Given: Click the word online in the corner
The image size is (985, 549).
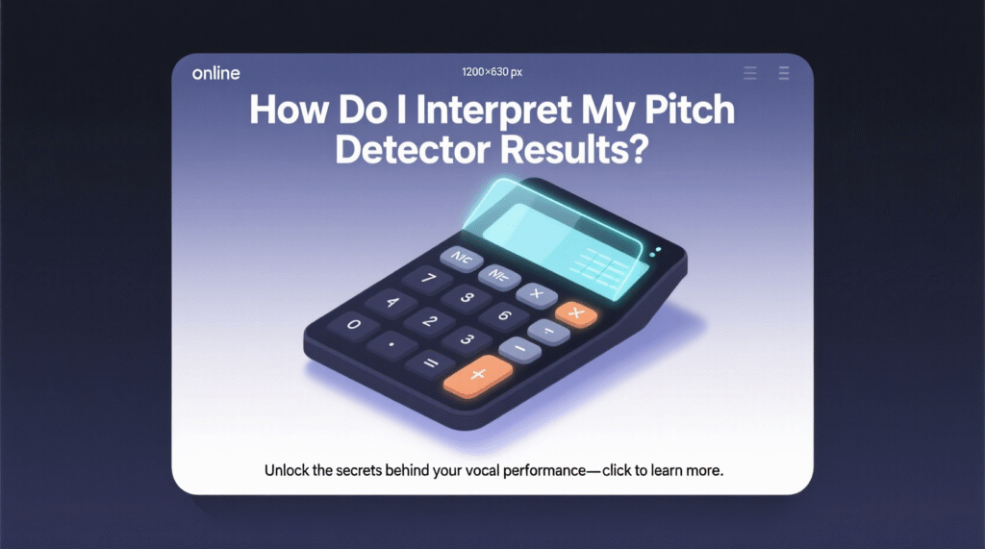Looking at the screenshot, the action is pyautogui.click(x=216, y=73).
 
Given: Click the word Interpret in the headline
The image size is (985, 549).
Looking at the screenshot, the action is pyautogui.click(x=493, y=111).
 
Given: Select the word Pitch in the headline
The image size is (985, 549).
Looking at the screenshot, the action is pyautogui.click(x=690, y=110).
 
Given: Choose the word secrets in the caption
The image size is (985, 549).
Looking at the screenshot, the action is pyautogui.click(x=359, y=470).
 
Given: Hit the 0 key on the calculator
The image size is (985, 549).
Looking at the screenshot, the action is pyautogui.click(x=354, y=325).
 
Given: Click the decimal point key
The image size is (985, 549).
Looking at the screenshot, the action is pyautogui.click(x=391, y=345).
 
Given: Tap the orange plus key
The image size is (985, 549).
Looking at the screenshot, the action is pyautogui.click(x=478, y=375).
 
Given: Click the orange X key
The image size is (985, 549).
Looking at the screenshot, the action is pyautogui.click(x=576, y=313).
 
